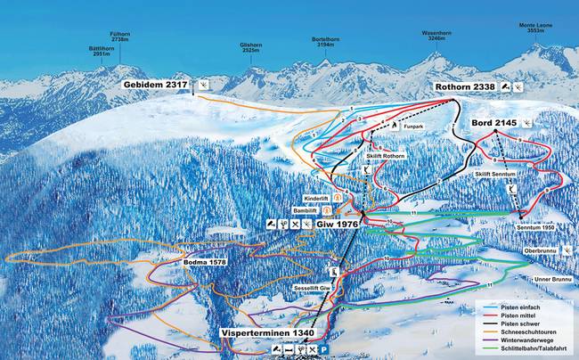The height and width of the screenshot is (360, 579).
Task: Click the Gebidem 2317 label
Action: tap(159, 84)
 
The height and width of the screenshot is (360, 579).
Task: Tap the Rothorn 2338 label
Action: tap(464, 86)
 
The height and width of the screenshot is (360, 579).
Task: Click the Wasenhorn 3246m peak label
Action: tap(437, 36)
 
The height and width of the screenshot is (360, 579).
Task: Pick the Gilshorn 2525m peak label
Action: tap(252, 47)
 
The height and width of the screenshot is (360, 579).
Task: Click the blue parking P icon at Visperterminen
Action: tap(324, 349)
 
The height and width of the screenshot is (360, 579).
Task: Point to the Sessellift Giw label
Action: tap(314, 290)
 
